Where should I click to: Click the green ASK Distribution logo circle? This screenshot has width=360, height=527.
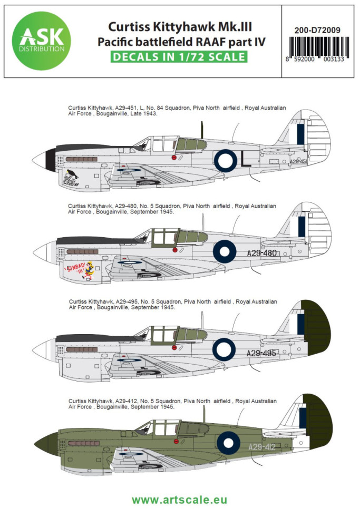pos(41,41)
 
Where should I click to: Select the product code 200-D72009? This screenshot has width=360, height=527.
pos(317,30)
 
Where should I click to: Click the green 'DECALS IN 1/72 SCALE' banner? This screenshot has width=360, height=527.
pos(179,56)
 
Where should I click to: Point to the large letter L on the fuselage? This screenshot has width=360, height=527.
pos(246,161)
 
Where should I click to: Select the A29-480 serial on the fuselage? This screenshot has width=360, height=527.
pos(261,253)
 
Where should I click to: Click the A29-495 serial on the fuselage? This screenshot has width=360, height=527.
pos(261,353)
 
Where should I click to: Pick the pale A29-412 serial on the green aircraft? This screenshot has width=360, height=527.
pos(262,447)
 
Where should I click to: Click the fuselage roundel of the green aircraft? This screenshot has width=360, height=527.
pos(228,443)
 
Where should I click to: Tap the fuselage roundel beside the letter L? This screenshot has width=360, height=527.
pos(226,161)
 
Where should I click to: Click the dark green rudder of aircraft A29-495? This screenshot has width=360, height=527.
pos(315,328)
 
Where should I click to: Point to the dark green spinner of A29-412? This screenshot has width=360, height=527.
pos(46,444)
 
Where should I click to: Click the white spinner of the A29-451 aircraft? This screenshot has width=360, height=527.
pos(38,160)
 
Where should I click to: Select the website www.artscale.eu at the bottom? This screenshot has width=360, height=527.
pos(180,500)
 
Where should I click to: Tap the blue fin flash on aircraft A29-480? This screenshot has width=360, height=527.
pos(301,226)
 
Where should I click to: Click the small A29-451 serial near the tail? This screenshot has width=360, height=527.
pos(298,162)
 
